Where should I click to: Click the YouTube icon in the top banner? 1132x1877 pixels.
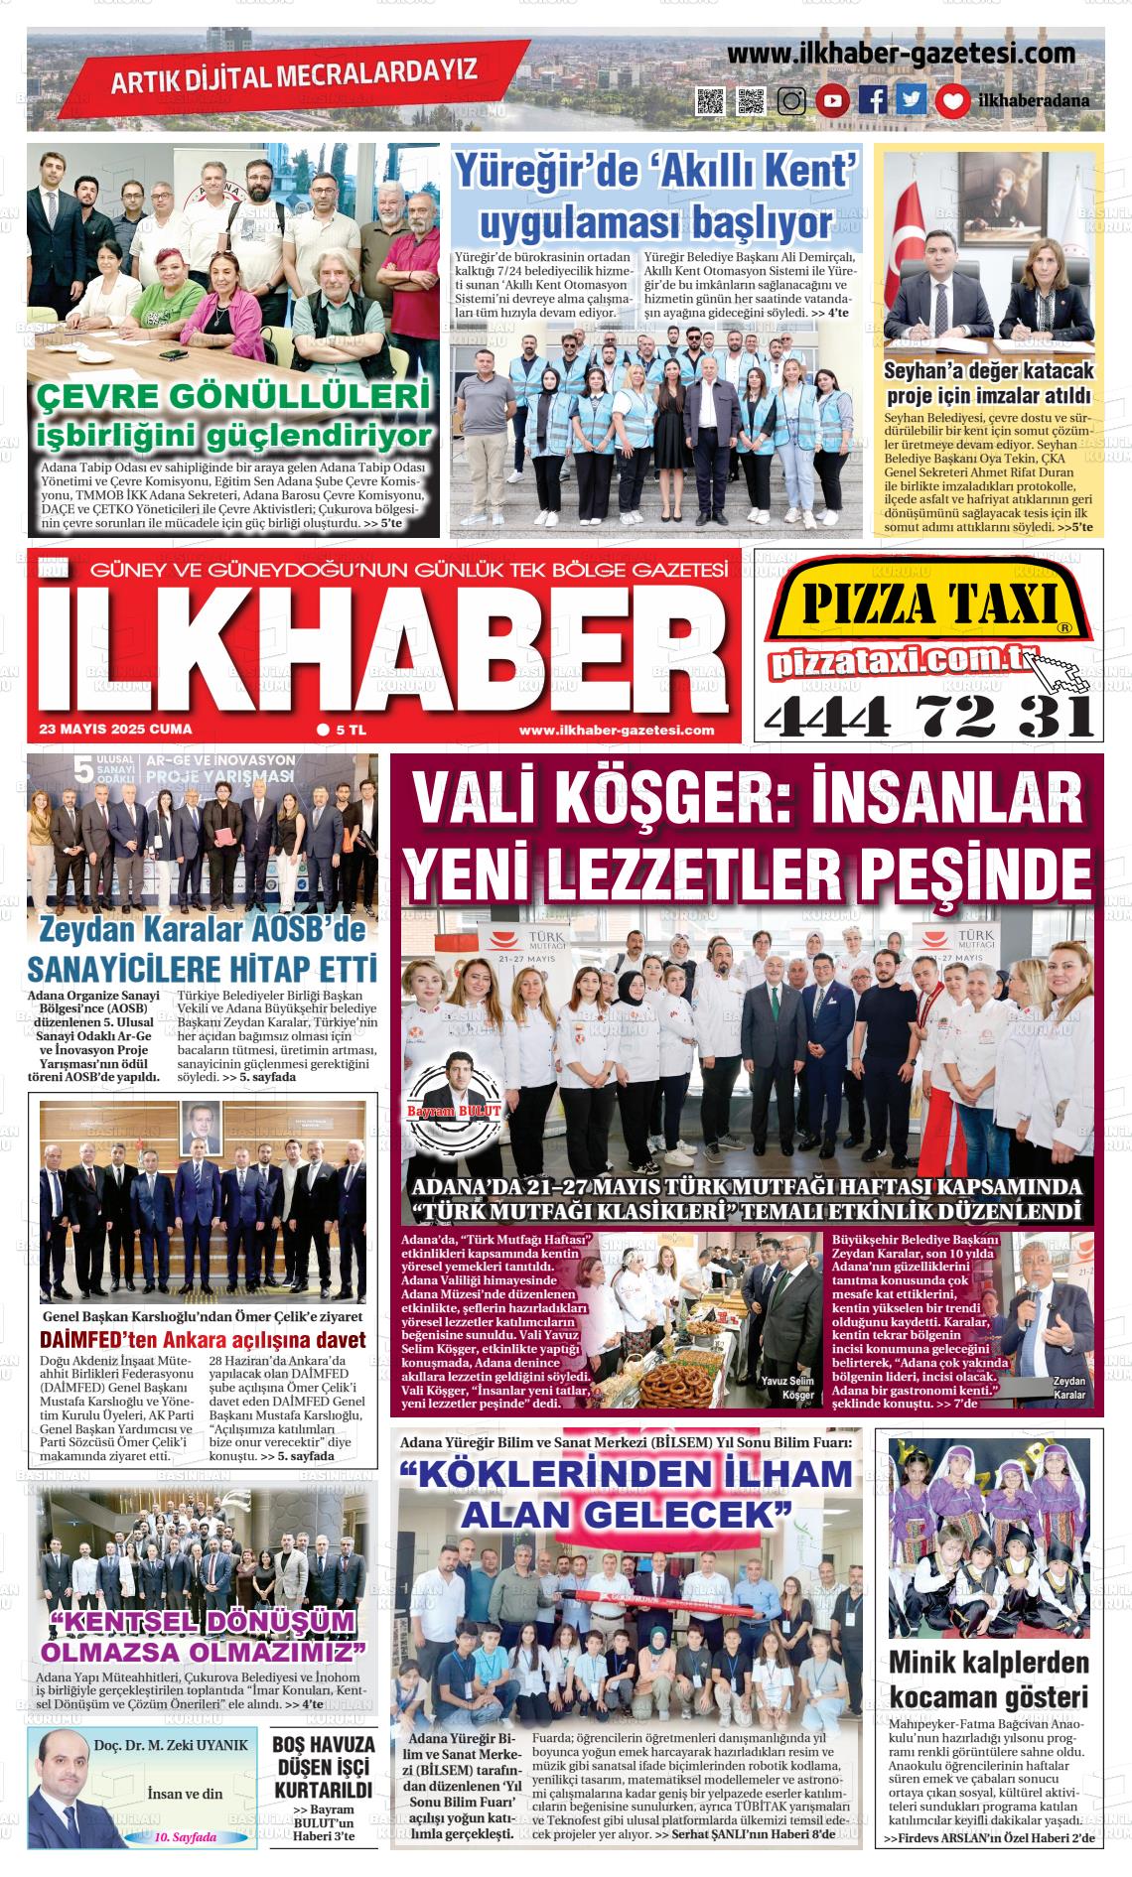coord(833,100)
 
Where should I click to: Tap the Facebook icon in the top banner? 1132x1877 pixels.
coord(873,100)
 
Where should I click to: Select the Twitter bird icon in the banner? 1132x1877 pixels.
coord(912,100)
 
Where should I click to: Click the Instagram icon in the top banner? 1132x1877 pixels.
coord(791,100)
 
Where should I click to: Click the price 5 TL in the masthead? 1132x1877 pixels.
coord(343,730)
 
